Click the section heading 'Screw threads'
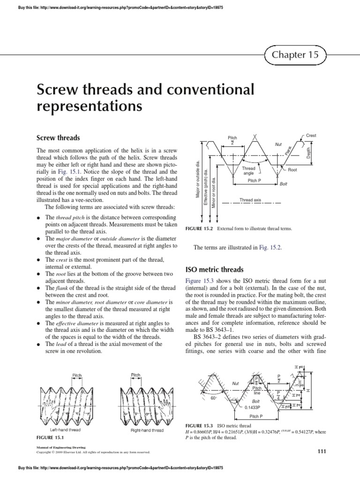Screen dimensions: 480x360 pos(59,138)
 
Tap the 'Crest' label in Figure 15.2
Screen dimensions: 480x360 pos(311,135)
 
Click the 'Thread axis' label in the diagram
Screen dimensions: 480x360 pos(250,200)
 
